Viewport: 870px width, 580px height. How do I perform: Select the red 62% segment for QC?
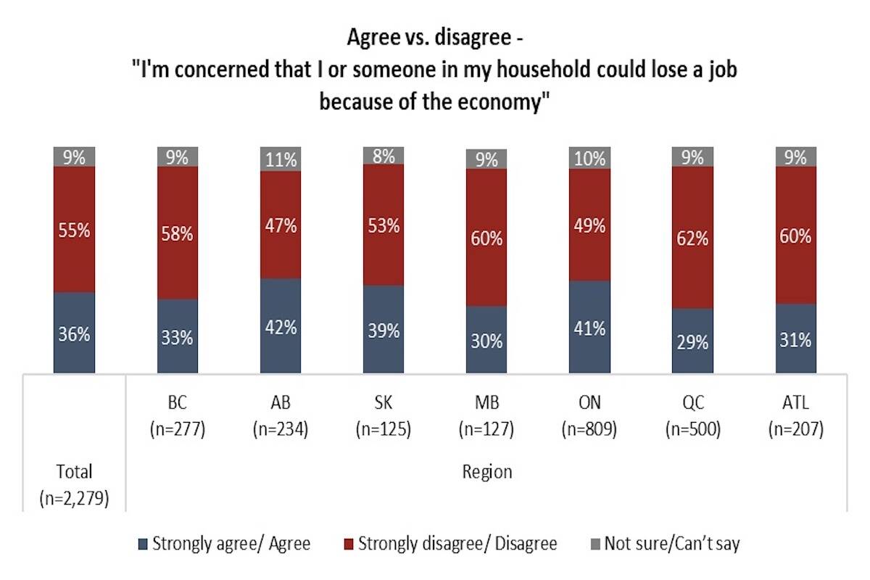[x=692, y=238]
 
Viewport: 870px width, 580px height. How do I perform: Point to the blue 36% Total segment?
[x=74, y=333]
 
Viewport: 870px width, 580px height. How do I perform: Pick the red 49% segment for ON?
[x=589, y=225]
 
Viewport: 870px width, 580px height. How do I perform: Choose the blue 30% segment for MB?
[x=486, y=340]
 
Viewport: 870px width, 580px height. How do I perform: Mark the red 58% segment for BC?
[x=177, y=233]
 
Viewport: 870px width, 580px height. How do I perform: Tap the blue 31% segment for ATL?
[x=795, y=339]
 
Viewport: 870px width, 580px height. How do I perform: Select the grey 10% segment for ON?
[x=589, y=158]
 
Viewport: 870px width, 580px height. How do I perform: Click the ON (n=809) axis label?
[x=589, y=415]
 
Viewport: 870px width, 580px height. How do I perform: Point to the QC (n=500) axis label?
[x=692, y=415]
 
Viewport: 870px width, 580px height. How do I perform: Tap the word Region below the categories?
[x=486, y=472]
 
